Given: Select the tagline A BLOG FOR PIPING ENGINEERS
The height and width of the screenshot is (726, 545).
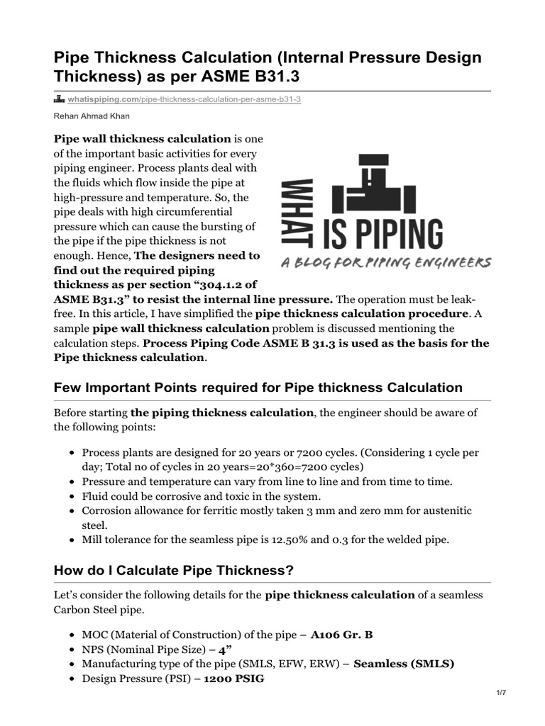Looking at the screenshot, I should click(386, 262).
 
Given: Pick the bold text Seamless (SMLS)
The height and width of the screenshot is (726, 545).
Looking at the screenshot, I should click(404, 664).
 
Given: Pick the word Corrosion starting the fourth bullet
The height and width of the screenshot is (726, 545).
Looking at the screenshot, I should click(107, 511).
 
